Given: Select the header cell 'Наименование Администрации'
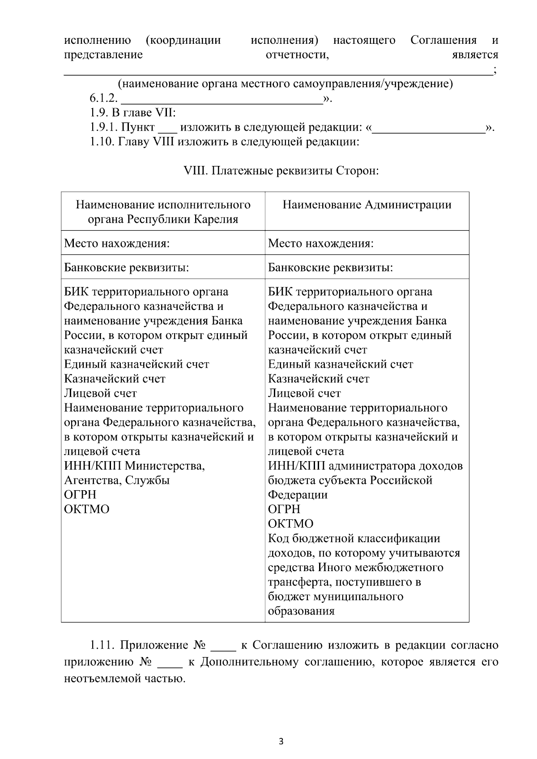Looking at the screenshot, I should coord(367,205).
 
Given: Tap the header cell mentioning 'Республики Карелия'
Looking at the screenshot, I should coord(163,212).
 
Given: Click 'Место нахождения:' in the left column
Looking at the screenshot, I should coord(117,243).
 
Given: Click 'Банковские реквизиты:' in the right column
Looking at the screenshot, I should coord(330,267).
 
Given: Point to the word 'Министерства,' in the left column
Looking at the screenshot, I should coord(165,466).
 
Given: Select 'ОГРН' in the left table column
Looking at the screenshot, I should coord(80,495).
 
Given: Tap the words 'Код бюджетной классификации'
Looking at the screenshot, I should coord(354,538).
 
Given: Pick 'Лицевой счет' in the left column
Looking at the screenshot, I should coord(100,393).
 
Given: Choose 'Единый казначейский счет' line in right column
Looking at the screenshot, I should coord(340,364).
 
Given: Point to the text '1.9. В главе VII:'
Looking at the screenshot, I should coord(132,113).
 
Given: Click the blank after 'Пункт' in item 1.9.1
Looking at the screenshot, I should coord(168,128).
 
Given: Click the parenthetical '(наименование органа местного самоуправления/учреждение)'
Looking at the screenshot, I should coord(285,84).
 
